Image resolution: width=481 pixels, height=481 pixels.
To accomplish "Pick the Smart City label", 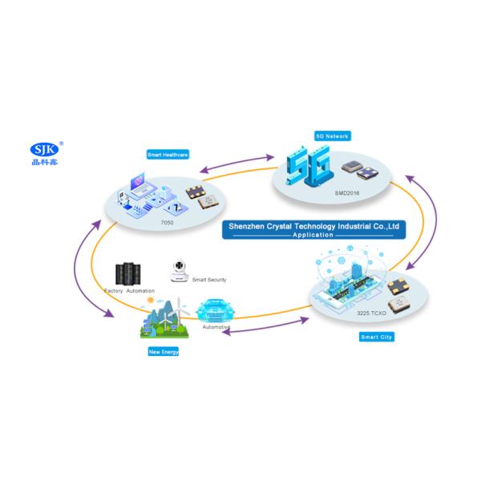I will (x=376, y=338).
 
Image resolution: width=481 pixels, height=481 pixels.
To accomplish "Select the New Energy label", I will (x=164, y=351).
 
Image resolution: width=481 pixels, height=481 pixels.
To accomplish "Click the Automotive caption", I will (x=216, y=326).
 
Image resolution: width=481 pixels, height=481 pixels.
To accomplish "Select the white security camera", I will (x=179, y=269).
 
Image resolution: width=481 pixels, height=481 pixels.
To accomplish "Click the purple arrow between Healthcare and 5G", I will (x=228, y=163).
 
